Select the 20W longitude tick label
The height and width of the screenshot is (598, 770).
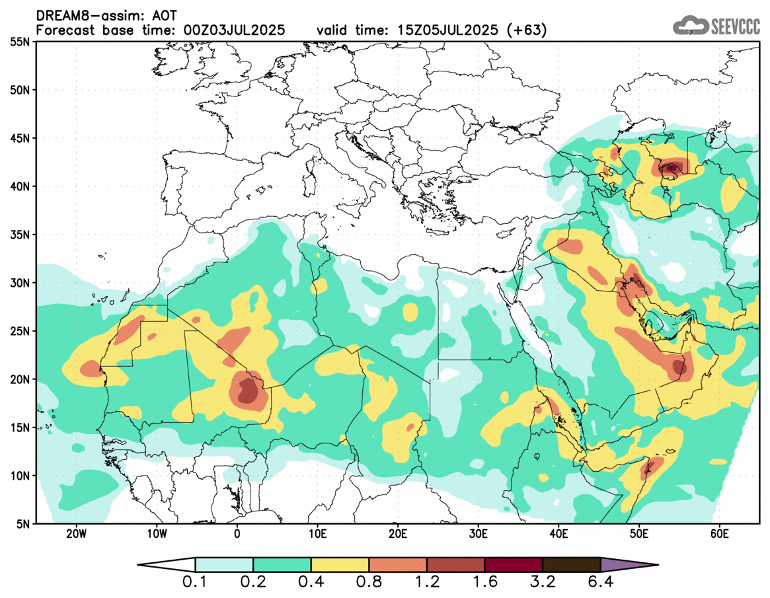click(77, 534)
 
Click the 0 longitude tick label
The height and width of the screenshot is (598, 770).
click(237, 534)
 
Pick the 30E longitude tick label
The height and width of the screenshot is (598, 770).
click(478, 534)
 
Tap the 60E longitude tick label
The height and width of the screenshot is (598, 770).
click(719, 534)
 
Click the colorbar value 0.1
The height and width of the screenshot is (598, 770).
click(196, 583)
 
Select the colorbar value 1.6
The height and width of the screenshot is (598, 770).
click(484, 583)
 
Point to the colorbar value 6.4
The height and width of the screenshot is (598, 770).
click(600, 583)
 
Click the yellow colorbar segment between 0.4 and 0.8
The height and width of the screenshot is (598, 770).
click(340, 565)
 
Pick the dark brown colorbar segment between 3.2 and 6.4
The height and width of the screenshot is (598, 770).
click(571, 565)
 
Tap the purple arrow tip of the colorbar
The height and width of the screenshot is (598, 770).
click(628, 565)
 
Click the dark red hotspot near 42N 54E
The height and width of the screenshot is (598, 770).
click(672, 168)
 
